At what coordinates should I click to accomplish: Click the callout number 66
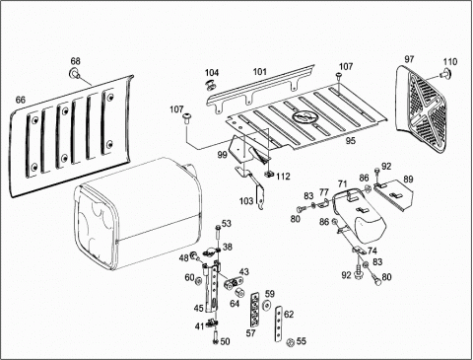coord(21,100)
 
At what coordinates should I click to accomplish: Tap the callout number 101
coord(259,72)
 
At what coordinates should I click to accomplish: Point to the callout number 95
coord(351,141)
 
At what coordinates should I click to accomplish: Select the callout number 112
coord(283,177)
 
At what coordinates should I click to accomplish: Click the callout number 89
coord(408,180)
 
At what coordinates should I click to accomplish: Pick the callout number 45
coord(199,309)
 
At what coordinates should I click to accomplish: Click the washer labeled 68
coord(75,74)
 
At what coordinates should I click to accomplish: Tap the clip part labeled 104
coord(210,85)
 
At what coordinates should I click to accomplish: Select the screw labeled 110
coord(444,73)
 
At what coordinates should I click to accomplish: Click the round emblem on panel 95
coord(303,116)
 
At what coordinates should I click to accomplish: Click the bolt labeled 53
coord(218,235)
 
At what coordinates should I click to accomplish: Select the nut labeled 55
coord(290,342)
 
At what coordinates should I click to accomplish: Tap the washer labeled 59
coord(267,305)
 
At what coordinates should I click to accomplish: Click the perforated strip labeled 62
coord(279,324)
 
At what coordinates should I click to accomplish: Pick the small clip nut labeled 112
coord(269,174)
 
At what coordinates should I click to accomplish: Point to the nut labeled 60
coord(198,281)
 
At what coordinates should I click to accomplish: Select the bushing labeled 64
coord(238,292)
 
